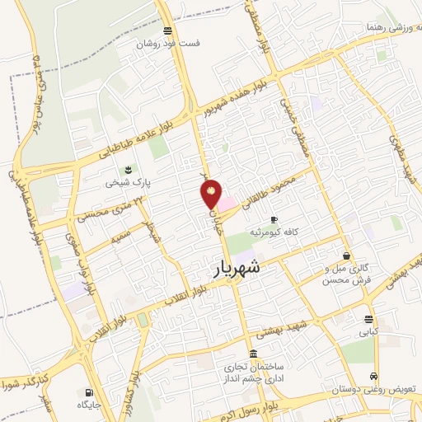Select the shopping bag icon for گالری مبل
point(346,256)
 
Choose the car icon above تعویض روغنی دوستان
point(374,373)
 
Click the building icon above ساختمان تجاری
point(251,353)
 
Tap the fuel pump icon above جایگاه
point(87,392)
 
